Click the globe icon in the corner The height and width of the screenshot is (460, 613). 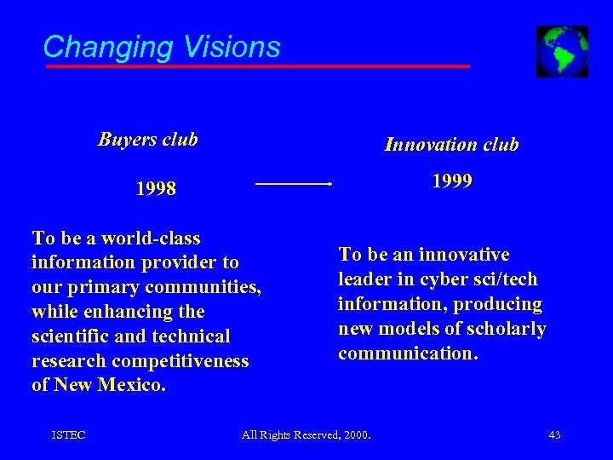[x=562, y=51]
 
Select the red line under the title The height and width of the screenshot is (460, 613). [x=255, y=66]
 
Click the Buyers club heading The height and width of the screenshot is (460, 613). [x=147, y=139]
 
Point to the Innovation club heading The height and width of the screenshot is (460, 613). [x=451, y=145]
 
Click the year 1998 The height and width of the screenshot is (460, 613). [x=155, y=188]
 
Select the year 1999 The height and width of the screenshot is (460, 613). [x=452, y=181]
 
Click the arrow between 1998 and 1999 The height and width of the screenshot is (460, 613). [x=294, y=183]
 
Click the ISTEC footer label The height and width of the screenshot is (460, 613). [x=68, y=435]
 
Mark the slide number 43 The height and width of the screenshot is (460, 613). [x=554, y=435]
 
